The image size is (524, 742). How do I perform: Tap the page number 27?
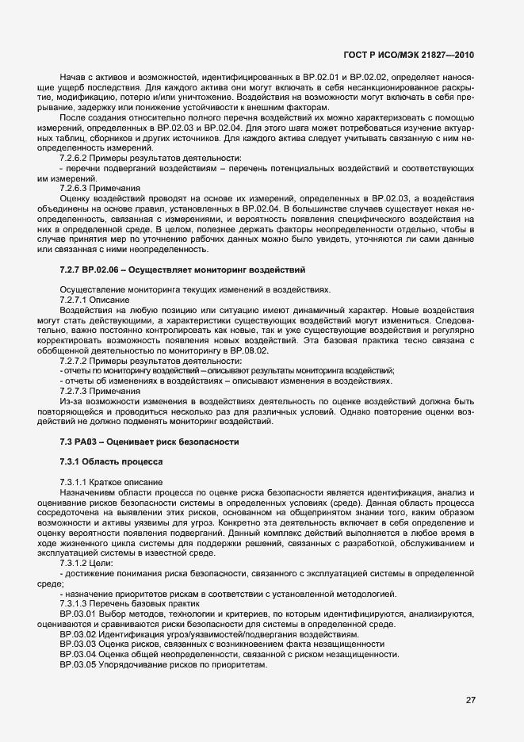[x=471, y=699]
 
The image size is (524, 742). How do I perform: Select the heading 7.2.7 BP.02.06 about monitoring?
[x=182, y=272]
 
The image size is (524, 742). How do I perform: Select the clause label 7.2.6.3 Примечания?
[x=99, y=188]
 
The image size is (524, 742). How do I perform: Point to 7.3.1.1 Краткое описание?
[x=111, y=483]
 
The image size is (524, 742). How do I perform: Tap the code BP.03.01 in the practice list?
[x=78, y=614]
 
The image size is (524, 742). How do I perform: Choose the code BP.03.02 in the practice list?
[x=78, y=634]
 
